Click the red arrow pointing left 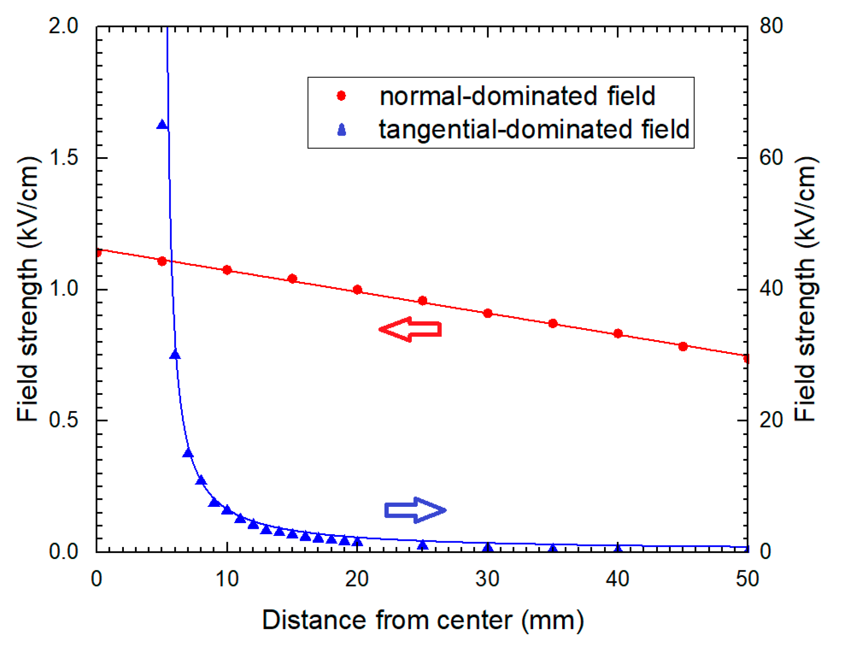410,329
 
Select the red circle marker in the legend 341,96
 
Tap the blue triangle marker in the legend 341,130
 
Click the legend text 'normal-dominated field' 517,96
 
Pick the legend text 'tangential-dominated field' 534,129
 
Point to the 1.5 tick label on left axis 63,158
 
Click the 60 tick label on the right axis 771,158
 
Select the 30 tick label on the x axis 487,579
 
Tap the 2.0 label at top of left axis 63,27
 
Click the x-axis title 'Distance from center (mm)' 423,620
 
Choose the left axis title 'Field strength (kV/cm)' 28,289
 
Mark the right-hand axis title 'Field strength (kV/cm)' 805,289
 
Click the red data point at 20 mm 357,290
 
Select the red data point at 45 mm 683,346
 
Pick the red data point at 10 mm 227,270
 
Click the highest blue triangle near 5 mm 162,124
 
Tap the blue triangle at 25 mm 422,545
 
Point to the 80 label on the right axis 771,27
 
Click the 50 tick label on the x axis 747,579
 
